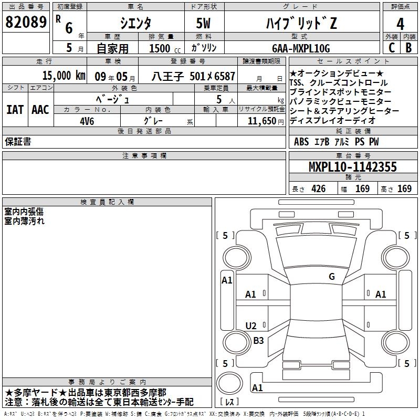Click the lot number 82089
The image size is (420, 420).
26,22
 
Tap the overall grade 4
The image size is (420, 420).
400,24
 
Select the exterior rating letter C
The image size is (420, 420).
392,47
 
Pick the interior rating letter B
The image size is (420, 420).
408,47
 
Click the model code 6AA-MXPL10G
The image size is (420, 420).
301,48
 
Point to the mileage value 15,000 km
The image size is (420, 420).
64,75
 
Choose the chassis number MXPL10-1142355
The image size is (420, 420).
352,166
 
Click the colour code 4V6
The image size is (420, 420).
87,121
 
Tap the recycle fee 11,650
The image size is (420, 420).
261,121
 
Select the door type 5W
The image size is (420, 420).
203,23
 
